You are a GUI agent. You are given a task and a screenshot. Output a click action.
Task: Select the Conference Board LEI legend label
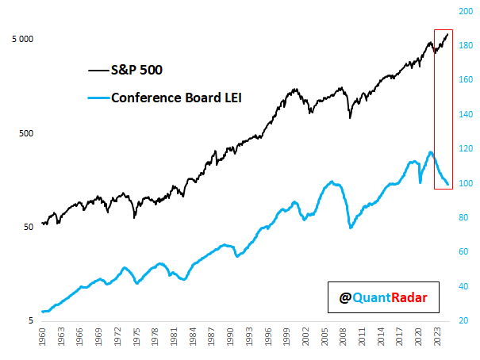click(x=176, y=98)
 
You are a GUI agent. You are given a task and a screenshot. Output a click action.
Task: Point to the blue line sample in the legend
click(x=98, y=99)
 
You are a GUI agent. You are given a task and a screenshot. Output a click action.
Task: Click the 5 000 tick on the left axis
click(x=21, y=39)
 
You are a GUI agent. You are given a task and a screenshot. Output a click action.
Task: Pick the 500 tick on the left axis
click(x=27, y=133)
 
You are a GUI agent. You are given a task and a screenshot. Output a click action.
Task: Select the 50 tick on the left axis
click(x=29, y=227)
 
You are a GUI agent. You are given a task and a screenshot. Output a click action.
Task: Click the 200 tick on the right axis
click(x=467, y=12)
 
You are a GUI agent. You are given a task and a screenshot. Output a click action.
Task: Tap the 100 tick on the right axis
click(x=467, y=184)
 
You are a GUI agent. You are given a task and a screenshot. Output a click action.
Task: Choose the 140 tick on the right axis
click(x=467, y=115)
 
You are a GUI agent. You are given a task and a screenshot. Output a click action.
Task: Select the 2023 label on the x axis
click(x=440, y=339)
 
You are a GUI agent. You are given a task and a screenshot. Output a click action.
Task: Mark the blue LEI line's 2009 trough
click(x=351, y=228)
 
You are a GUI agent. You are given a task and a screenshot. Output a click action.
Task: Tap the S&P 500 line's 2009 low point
click(x=350, y=118)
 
